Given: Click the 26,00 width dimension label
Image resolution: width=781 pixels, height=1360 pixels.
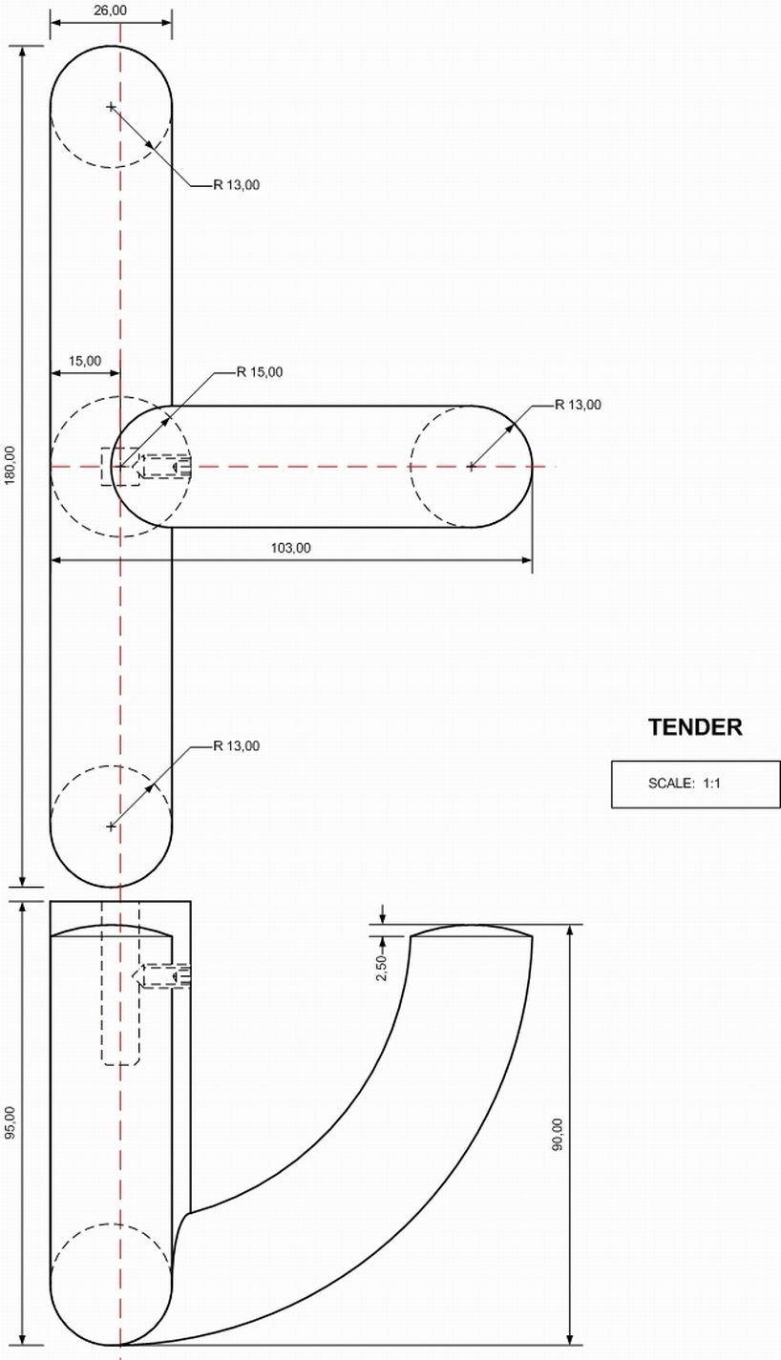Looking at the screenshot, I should coord(111,10).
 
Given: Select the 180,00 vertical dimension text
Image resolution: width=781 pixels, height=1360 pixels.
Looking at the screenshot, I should coord(11,465).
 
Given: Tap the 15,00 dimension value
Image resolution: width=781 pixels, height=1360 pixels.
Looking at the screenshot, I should coord(84,361).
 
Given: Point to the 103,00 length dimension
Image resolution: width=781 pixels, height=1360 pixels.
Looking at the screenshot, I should coord(291,548).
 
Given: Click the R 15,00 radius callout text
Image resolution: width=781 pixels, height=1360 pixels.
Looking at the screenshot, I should coord(260,372).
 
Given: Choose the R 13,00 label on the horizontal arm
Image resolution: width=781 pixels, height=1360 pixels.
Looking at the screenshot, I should coord(579,405).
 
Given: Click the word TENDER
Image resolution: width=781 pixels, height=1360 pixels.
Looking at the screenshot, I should coord(695,727).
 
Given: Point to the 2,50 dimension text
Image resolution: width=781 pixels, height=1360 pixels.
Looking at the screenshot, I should coord(382,968).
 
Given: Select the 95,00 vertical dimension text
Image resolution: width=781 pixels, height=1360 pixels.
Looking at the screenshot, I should coord(11,1123).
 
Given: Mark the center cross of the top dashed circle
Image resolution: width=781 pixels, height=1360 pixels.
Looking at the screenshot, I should coord(111,106).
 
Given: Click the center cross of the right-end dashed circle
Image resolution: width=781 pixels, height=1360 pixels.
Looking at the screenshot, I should coord(471,467).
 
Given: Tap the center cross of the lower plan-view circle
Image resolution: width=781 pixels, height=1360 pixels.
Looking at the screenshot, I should coord(111,826).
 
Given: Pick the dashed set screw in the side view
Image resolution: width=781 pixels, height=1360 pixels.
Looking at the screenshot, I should coord(164,975).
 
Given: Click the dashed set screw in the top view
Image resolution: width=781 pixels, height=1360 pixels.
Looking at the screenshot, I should coord(164,467).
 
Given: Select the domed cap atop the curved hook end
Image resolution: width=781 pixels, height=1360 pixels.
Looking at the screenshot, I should coord(471,931).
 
